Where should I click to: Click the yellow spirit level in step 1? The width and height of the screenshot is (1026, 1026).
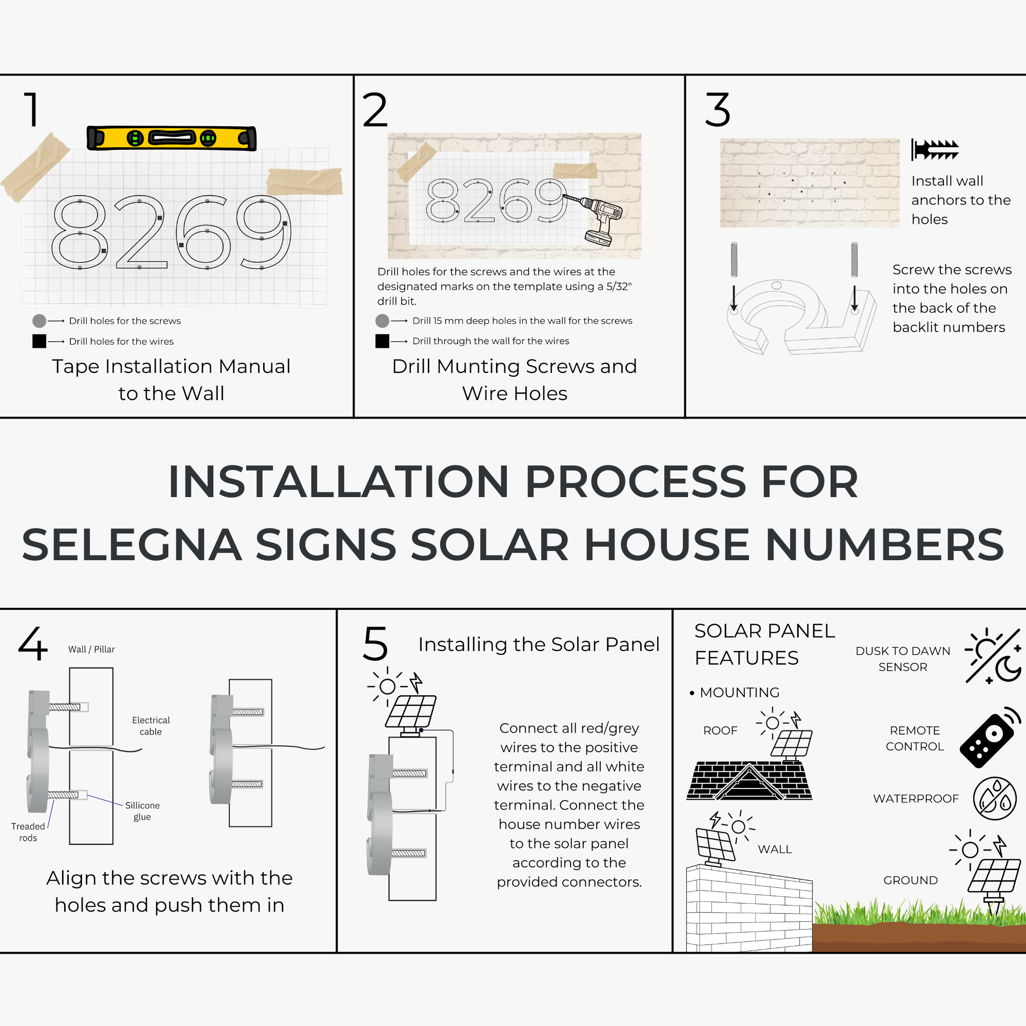(171, 138)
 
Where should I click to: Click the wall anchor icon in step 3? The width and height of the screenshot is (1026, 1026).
(935, 150)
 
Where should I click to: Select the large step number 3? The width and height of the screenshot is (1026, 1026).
(718, 110)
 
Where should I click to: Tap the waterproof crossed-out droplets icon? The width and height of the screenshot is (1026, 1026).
(994, 798)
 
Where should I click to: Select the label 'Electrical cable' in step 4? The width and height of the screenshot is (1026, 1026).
(151, 725)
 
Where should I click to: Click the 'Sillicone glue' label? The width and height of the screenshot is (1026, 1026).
(142, 811)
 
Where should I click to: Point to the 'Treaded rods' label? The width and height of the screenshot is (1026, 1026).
(28, 832)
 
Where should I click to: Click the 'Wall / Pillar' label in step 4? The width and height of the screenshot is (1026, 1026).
(91, 649)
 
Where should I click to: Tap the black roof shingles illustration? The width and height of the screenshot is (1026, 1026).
(749, 781)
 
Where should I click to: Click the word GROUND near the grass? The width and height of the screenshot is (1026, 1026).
(910, 880)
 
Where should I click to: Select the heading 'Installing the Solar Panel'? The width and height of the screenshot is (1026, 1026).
(539, 644)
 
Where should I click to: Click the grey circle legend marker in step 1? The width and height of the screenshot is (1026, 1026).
(40, 321)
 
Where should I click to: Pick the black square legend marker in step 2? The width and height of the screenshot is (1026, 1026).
(382, 341)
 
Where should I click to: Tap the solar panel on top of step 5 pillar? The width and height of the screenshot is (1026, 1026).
(410, 711)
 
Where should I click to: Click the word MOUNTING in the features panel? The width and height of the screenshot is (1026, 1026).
(739, 693)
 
